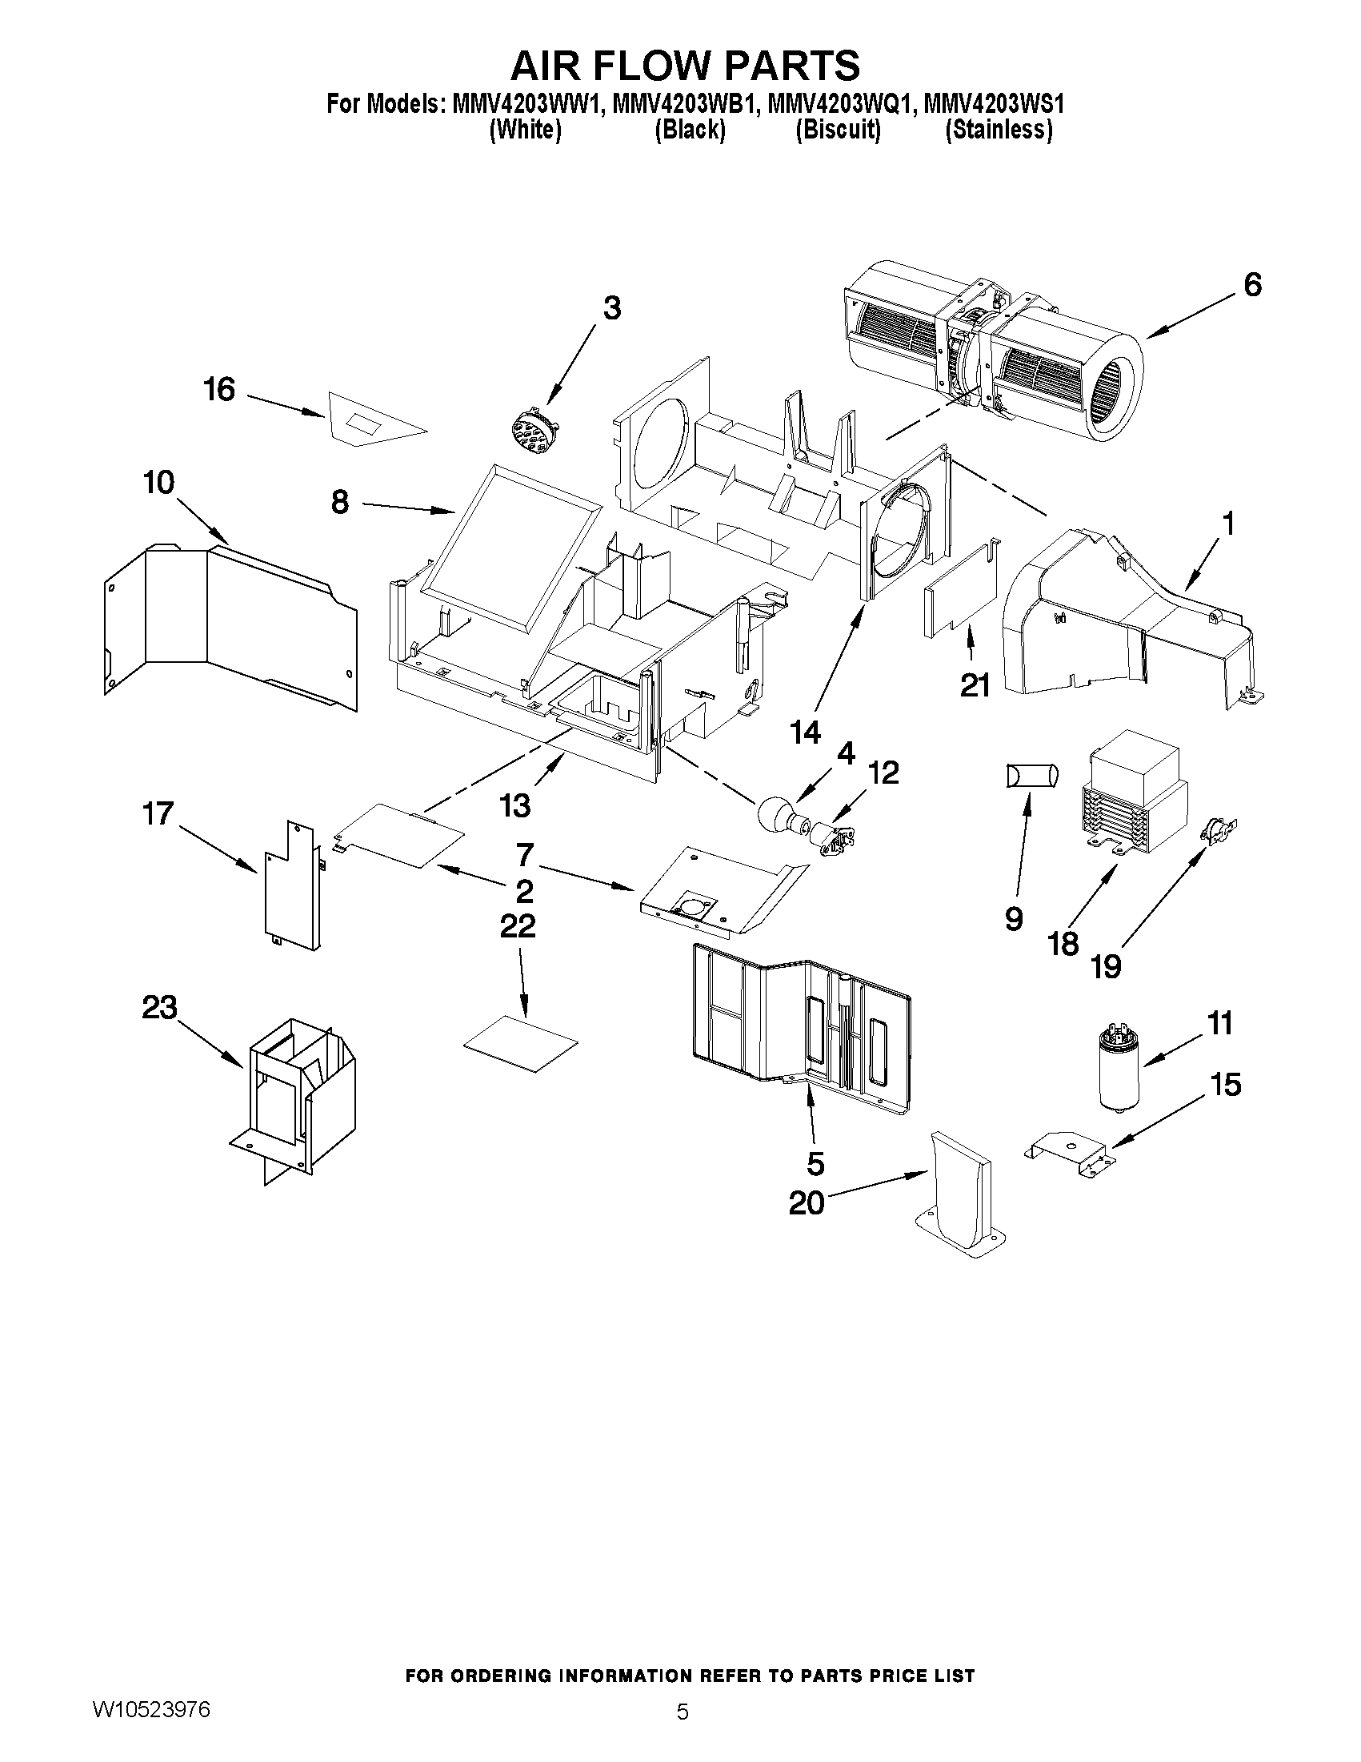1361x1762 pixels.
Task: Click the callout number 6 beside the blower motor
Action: tap(1251, 285)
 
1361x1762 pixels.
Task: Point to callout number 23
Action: tap(160, 1008)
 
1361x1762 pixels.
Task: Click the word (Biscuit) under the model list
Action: tap(838, 129)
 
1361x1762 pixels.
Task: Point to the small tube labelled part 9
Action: tap(1031, 776)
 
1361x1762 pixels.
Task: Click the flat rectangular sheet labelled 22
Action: tap(521, 1042)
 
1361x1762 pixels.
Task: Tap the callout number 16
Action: tap(218, 390)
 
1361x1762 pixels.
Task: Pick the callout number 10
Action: tap(159, 484)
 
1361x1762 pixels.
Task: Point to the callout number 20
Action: tap(807, 1226)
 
